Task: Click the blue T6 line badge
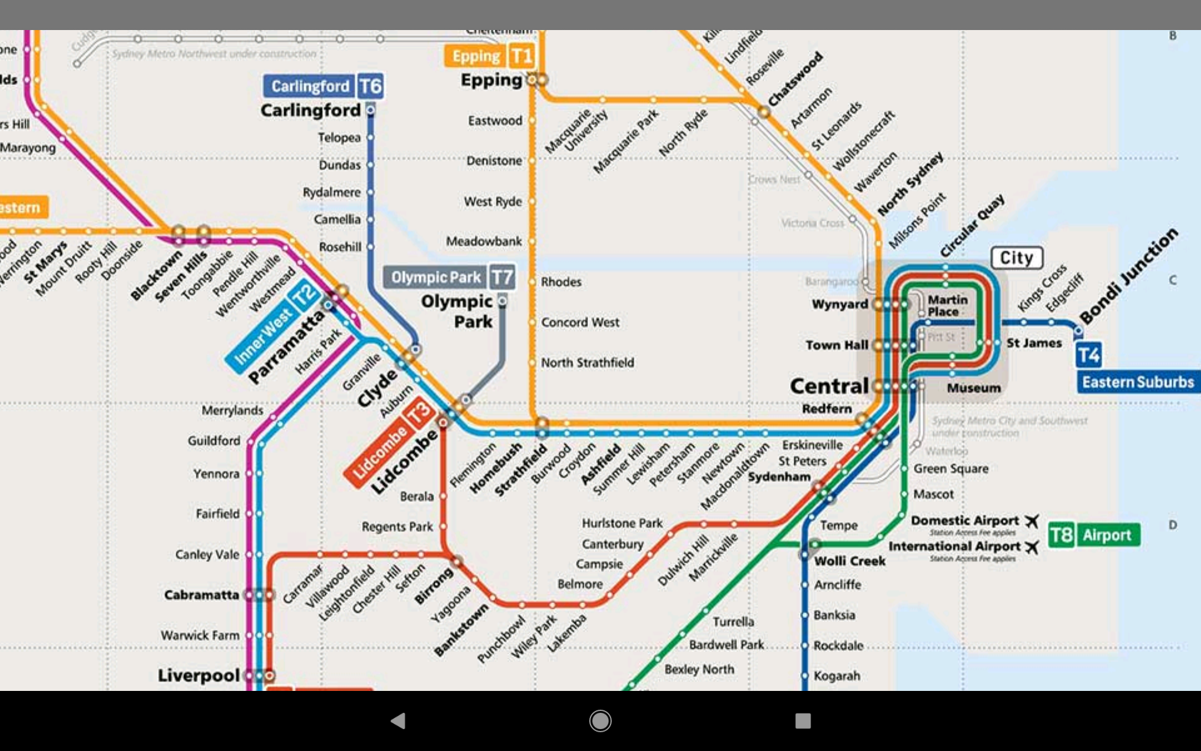click(x=370, y=86)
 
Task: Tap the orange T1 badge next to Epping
click(x=521, y=56)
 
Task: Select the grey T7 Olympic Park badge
click(x=502, y=277)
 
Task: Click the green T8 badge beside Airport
click(x=1061, y=535)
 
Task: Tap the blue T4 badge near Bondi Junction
click(x=1088, y=355)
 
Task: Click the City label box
click(x=1016, y=258)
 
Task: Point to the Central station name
click(x=829, y=386)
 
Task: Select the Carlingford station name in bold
click(x=310, y=111)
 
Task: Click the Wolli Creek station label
click(x=849, y=561)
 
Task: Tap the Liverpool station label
click(x=198, y=676)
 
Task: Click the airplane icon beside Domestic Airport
click(x=1032, y=521)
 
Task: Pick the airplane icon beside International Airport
click(x=1032, y=547)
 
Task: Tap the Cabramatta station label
click(x=201, y=595)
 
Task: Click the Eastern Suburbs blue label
click(x=1137, y=382)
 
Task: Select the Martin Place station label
click(x=947, y=306)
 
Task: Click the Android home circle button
click(x=600, y=721)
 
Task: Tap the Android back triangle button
click(x=398, y=721)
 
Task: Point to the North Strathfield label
click(x=587, y=363)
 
